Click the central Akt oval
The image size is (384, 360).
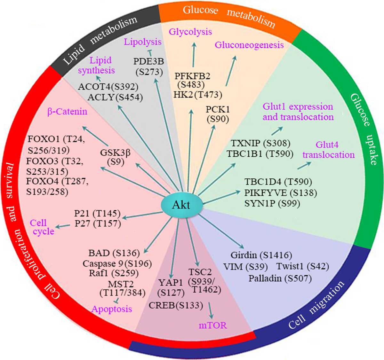click(181, 205)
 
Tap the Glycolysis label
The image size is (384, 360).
click(190, 32)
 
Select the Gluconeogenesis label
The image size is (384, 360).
click(249, 45)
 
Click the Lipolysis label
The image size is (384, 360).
click(143, 42)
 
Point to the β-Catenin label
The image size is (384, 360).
click(67, 112)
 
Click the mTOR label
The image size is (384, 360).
click(212, 325)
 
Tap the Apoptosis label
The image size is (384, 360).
click(112, 309)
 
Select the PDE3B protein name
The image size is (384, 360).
click(149, 61)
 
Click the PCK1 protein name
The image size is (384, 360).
click(218, 110)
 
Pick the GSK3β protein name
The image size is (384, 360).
click(115, 153)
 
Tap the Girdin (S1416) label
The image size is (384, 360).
click(261, 255)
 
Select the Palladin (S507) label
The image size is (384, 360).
click(280, 278)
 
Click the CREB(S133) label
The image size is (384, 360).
click(176, 305)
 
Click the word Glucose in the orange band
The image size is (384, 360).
click(200, 10)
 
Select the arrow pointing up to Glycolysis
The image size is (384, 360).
click(194, 54)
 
